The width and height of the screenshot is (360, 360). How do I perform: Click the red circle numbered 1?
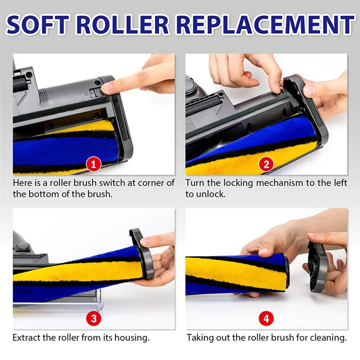coord(94,164)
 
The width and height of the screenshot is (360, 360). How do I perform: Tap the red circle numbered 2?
coord(266,164)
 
